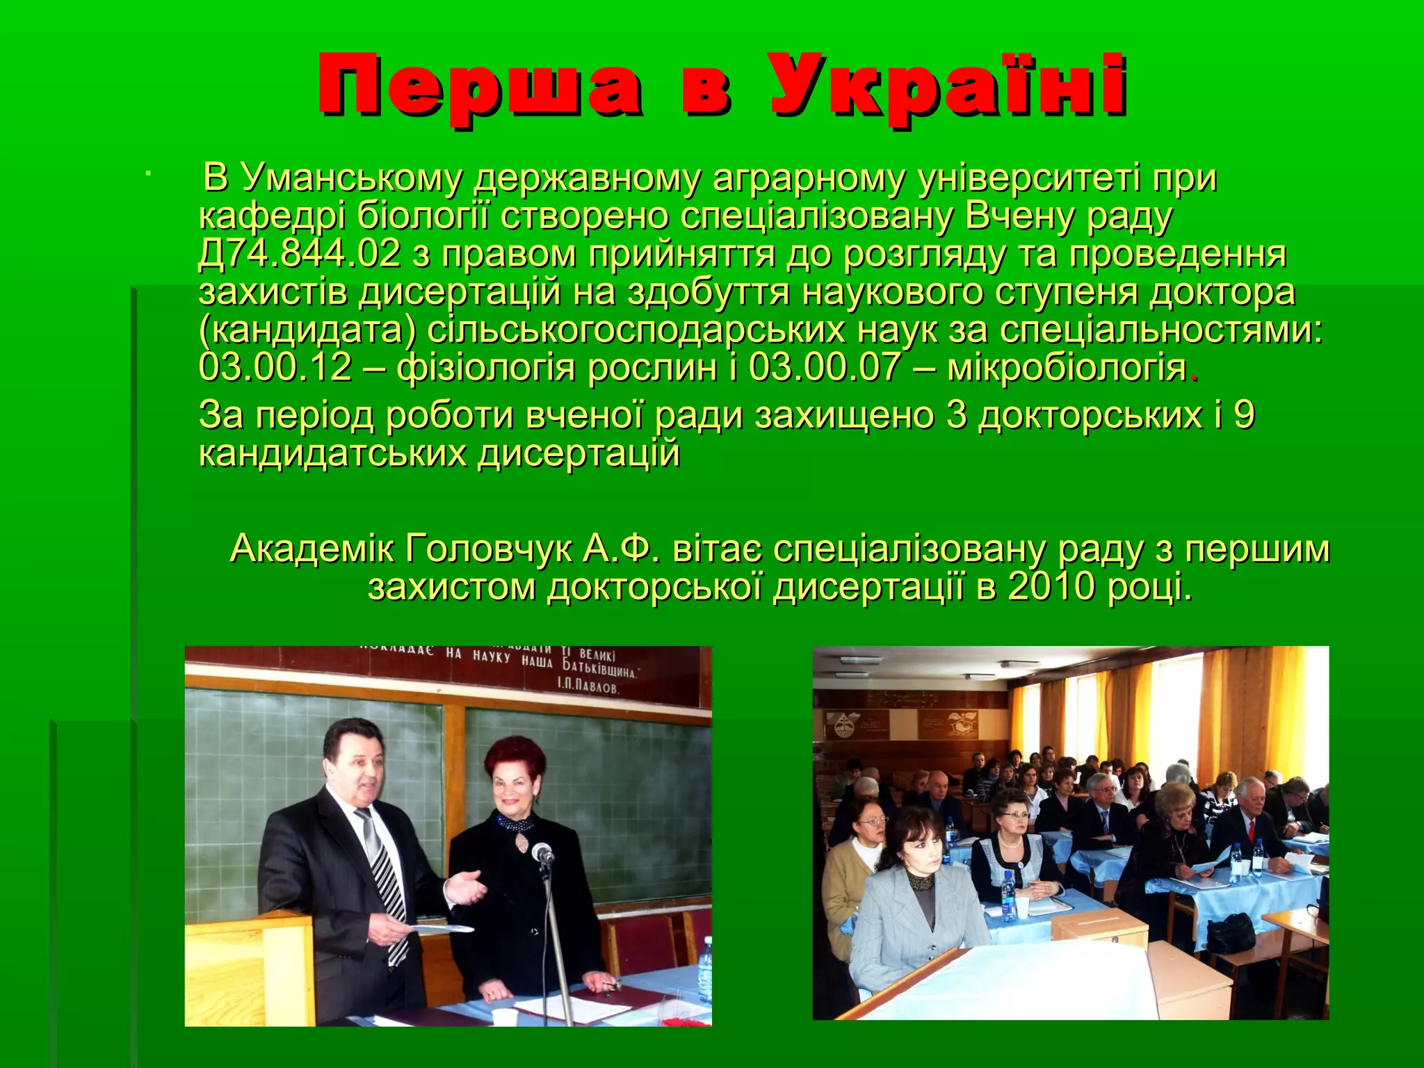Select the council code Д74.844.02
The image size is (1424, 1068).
300,254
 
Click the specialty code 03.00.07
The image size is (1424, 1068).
825,367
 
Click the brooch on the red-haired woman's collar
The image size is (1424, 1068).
521,841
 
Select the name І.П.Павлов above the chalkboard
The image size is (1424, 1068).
587,688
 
